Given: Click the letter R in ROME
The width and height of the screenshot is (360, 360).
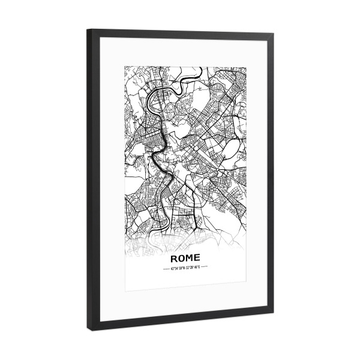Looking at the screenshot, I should tap(175, 257).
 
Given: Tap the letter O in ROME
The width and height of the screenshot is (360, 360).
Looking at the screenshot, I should tap(182, 257).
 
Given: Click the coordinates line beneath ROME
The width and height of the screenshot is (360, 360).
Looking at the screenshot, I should tap(187, 268).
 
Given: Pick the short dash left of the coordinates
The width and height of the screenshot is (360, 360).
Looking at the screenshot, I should tap(166, 268).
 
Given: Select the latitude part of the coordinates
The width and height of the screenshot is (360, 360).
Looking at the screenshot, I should tap(179, 268).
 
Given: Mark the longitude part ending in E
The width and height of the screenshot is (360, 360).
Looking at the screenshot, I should tap(194, 268).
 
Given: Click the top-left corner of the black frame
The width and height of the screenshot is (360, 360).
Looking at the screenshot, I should tap(88, 29).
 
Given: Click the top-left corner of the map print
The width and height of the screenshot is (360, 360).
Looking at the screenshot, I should tap(124, 63).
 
